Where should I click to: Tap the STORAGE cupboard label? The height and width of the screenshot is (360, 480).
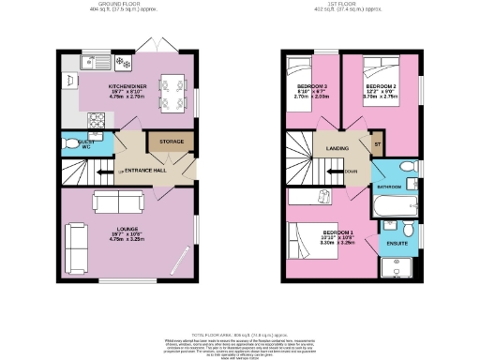click(x=172, y=142)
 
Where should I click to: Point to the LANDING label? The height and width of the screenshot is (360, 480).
click(x=337, y=147)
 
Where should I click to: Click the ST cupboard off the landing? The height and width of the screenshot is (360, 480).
click(x=377, y=144)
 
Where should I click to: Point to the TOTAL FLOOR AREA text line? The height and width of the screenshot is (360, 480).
click(x=239, y=334)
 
